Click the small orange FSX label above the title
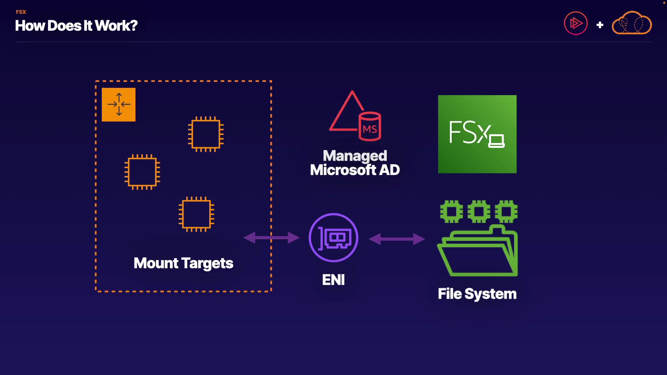[21, 12]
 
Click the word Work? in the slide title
[116, 26]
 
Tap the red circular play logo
[576, 23]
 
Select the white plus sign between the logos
[600, 25]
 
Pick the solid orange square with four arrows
[118, 105]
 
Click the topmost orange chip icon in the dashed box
[206, 134]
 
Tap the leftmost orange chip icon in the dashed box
[142, 172]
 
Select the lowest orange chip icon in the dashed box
[196, 214]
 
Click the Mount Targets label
[183, 263]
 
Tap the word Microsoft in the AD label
[343, 170]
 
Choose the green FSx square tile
[477, 134]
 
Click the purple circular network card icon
[333, 237]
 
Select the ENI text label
[333, 280]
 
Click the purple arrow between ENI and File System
[397, 239]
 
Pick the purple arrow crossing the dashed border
[271, 238]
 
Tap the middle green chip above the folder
[479, 211]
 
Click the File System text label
[477, 294]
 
